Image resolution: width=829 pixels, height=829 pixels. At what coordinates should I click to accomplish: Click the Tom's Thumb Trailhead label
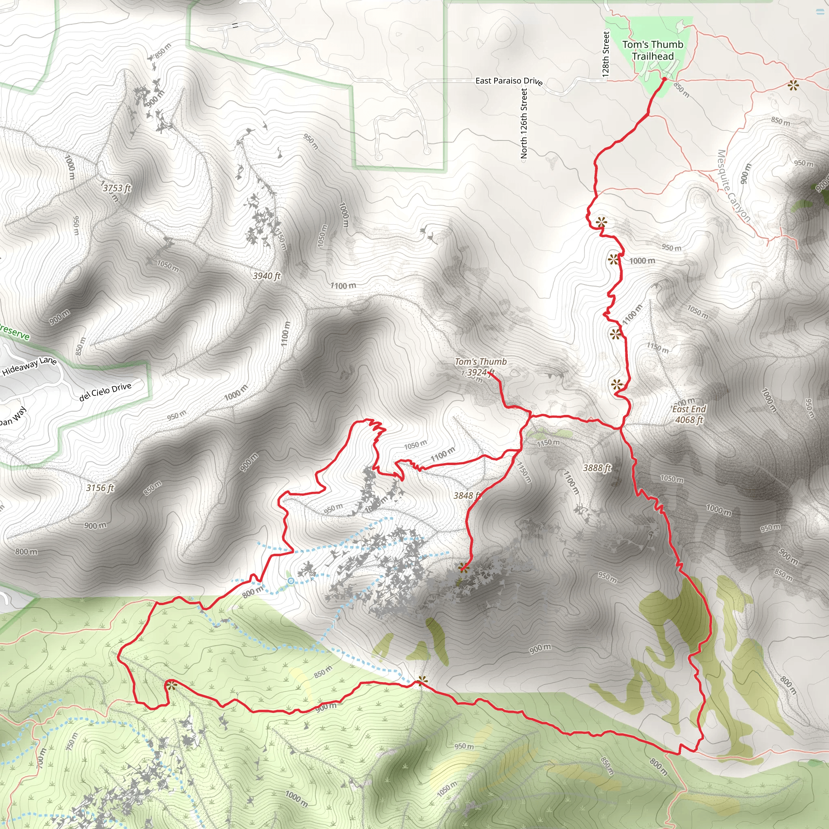click(x=653, y=50)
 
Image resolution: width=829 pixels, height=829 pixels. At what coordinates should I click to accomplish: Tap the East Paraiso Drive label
click(x=508, y=81)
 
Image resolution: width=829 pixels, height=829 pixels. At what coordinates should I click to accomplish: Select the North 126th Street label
click(x=523, y=123)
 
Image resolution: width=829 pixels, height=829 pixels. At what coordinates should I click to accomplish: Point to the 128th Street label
click(x=606, y=54)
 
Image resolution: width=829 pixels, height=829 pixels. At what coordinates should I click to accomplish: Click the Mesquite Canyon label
click(x=733, y=185)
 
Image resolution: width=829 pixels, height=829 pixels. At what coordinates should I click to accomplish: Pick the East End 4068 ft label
click(x=689, y=414)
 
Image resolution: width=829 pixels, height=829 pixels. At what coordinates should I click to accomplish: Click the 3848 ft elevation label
click(x=466, y=495)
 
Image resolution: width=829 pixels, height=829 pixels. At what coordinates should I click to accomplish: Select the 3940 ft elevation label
click(x=266, y=276)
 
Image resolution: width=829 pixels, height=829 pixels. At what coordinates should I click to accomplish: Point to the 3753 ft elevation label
click(x=117, y=188)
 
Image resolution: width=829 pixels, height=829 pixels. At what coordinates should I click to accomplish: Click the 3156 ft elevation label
click(x=100, y=488)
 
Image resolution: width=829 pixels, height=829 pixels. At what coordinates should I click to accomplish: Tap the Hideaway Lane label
click(x=29, y=366)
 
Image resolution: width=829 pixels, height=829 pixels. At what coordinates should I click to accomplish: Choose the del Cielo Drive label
click(x=105, y=391)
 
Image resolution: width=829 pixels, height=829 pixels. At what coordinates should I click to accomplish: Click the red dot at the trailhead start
click(x=664, y=79)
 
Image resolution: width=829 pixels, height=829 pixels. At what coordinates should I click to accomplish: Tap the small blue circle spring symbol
click(x=291, y=581)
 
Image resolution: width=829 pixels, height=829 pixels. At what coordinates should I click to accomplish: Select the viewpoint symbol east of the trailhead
click(x=793, y=85)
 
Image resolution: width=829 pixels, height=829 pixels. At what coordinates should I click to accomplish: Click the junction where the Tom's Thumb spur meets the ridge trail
click(x=531, y=415)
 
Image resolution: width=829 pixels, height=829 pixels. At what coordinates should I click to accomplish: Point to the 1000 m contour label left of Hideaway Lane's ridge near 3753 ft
click(x=70, y=167)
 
